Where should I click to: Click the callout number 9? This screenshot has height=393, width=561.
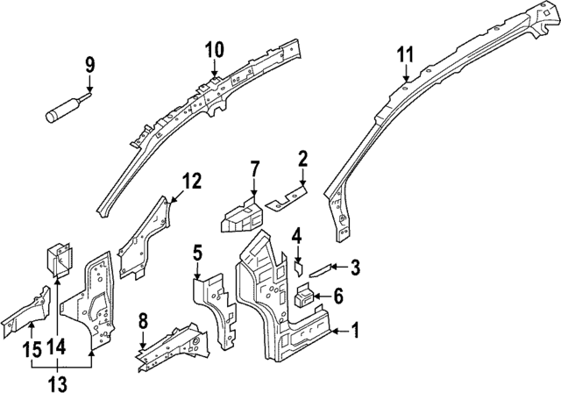(89, 65)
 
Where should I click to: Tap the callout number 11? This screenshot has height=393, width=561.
(404, 54)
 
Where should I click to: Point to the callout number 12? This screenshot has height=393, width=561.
(192, 182)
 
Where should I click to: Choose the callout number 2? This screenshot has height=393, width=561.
(302, 159)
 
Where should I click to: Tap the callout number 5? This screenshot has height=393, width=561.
(198, 255)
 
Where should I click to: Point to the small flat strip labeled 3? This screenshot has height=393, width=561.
(320, 268)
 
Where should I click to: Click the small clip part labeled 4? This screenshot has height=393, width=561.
(298, 263)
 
